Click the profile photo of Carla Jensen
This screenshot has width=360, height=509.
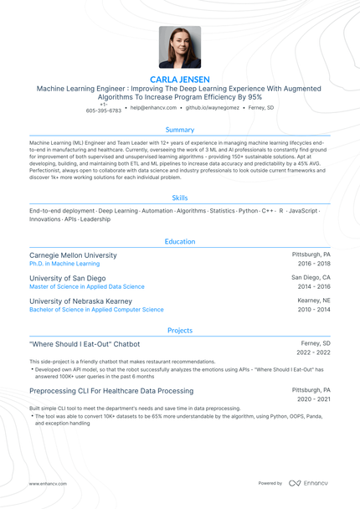tap(179, 47)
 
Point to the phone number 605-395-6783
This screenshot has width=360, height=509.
tap(103, 111)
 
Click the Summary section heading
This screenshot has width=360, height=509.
tap(179, 130)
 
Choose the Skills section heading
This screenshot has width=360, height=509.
tap(179, 198)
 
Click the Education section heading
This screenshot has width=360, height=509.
tap(179, 242)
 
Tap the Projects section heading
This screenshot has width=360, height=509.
tap(179, 331)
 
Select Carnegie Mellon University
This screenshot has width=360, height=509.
tap(73, 254)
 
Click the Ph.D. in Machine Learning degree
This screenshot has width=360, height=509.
tap(70, 264)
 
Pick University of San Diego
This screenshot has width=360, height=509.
tap(68, 278)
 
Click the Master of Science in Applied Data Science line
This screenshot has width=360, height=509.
tap(87, 286)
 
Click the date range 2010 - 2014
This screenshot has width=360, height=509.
tap(314, 310)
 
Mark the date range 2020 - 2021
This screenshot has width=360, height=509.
tap(314, 399)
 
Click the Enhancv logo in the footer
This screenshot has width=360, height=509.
tap(309, 483)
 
